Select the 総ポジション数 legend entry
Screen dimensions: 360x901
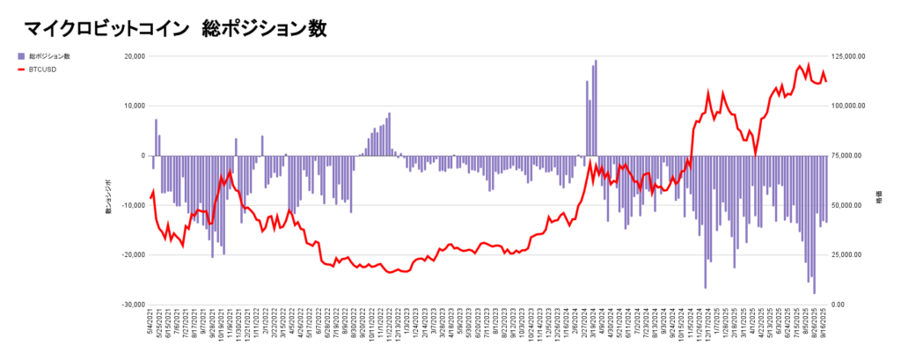click(48, 56)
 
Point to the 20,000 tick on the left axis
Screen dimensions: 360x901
click(133, 56)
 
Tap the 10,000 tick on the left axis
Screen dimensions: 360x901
click(133, 106)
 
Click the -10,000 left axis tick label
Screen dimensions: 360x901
click(132, 205)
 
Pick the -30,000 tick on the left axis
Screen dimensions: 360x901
click(132, 305)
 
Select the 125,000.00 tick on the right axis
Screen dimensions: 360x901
click(850, 56)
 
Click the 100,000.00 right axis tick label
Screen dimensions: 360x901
click(850, 106)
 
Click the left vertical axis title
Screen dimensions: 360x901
click(109, 205)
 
